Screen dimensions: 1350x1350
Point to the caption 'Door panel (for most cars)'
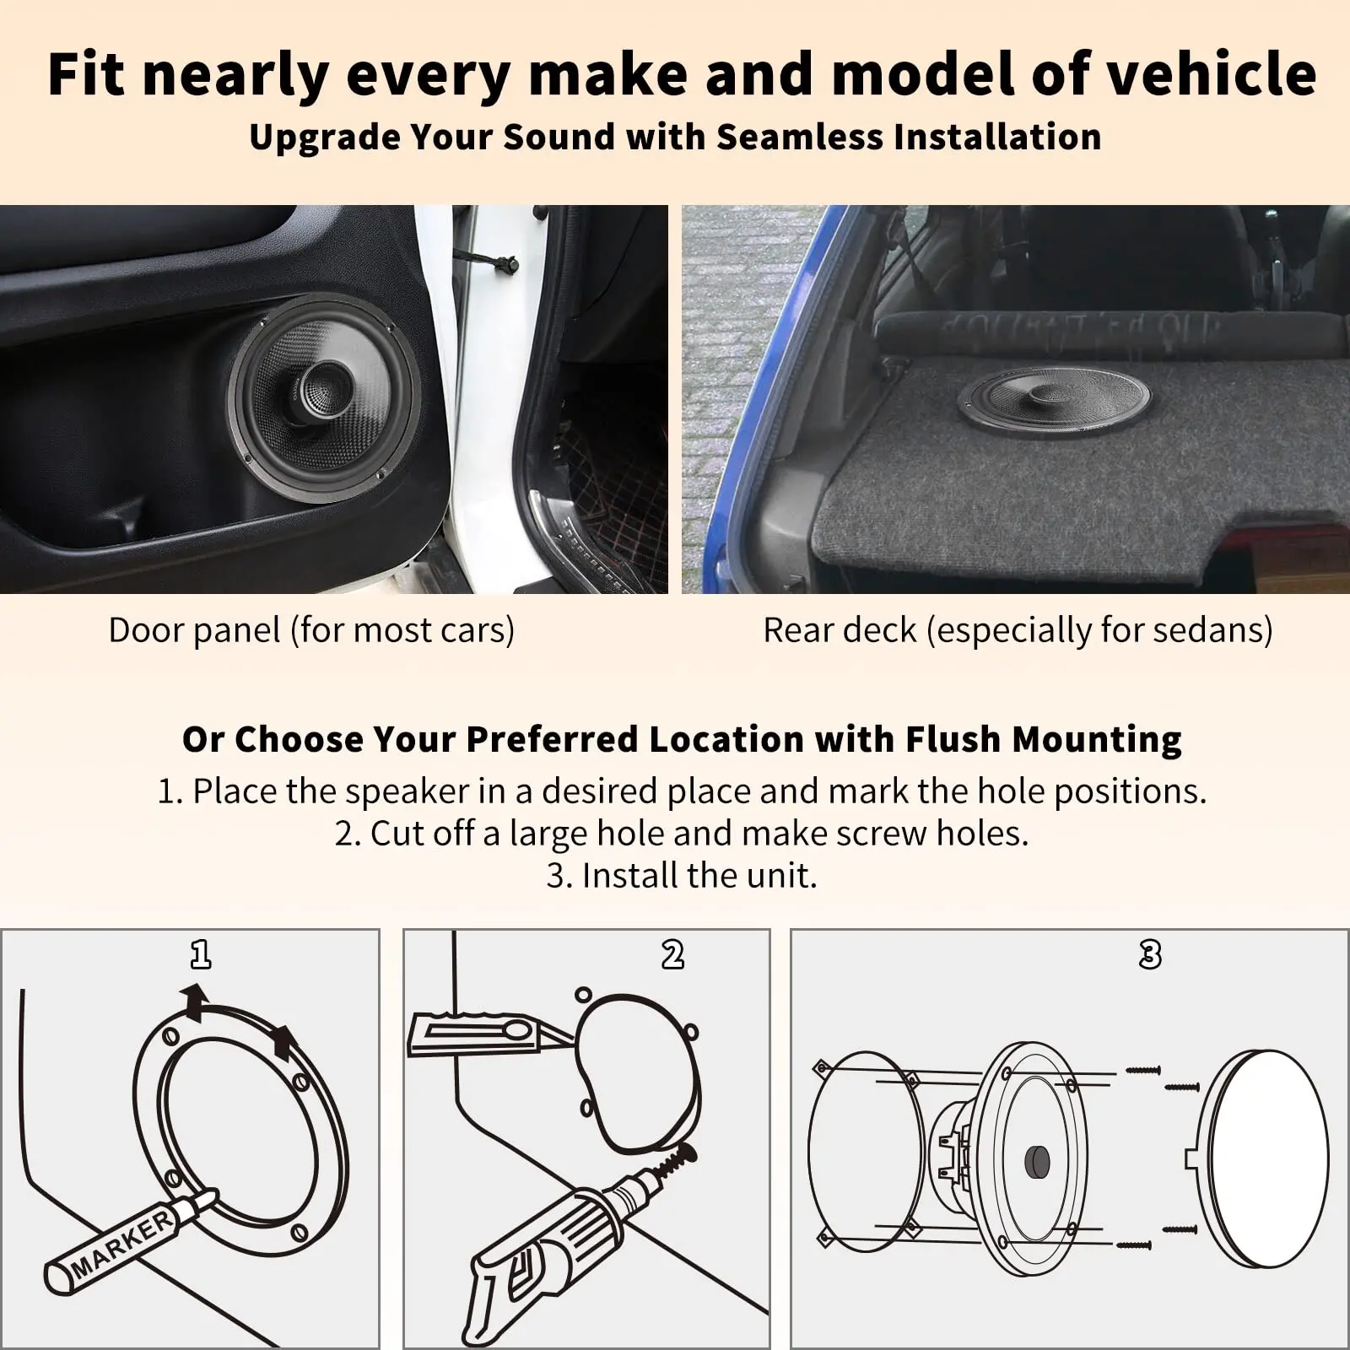tap(311, 630)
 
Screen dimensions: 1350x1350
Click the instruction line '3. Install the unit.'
tap(682, 875)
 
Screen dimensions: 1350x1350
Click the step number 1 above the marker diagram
tap(201, 954)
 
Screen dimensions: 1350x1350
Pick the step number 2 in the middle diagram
tap(672, 954)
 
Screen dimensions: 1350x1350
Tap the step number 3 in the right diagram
tap(1149, 954)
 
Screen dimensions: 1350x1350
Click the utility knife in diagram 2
tap(481, 1034)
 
